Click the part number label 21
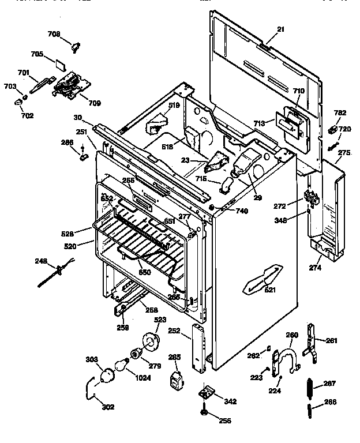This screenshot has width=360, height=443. pyautogui.click(x=280, y=29)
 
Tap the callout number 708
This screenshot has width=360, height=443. pyautogui.click(x=70, y=35)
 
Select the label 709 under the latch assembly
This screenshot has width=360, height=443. pyautogui.click(x=93, y=103)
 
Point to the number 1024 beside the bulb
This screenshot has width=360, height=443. pyautogui.click(x=143, y=378)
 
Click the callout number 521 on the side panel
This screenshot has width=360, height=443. pyautogui.click(x=269, y=290)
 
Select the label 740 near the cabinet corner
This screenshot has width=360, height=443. pyautogui.click(x=242, y=212)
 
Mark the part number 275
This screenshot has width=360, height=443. pyautogui.click(x=344, y=152)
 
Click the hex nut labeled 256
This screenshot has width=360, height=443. pyautogui.click(x=205, y=412)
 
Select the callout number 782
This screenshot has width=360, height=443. pyautogui.click(x=340, y=113)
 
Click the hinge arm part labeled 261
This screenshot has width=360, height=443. pyautogui.click(x=312, y=346)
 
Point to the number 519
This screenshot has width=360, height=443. pyautogui.click(x=174, y=106)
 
